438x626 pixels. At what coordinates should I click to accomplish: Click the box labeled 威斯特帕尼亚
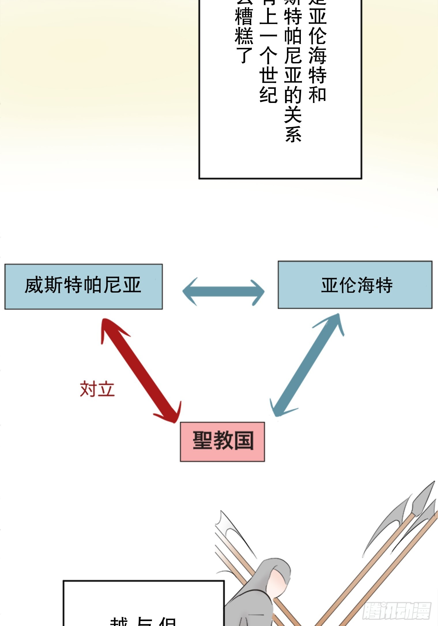[84, 286]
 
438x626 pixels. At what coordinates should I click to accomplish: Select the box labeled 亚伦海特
[355, 285]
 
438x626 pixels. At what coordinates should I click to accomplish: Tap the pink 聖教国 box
[222, 441]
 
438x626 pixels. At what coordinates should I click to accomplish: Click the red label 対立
[97, 389]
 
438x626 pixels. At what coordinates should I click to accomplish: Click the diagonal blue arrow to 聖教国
[307, 365]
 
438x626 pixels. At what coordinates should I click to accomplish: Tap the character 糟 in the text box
[244, 17]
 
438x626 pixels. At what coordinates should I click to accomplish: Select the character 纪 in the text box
[268, 94]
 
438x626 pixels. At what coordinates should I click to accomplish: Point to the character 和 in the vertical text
[317, 94]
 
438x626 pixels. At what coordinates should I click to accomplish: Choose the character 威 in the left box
[34, 285]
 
